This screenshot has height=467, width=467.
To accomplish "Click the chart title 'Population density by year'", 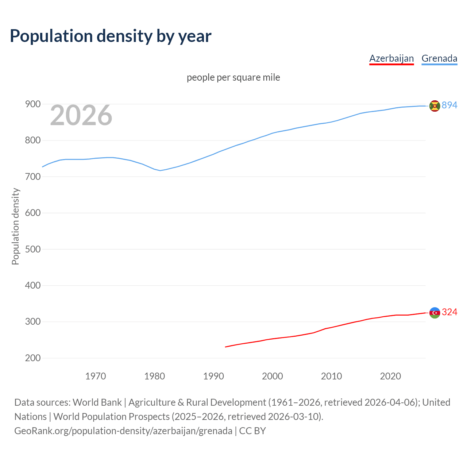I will (x=111, y=36).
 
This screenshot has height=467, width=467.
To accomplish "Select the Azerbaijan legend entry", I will (x=391, y=58).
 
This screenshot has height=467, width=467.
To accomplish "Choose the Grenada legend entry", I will (x=439, y=58).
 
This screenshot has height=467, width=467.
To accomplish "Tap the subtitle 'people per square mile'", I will (x=233, y=77).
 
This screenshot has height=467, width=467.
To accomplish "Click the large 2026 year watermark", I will (x=81, y=115).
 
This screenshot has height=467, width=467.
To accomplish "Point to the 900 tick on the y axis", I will (x=32, y=104).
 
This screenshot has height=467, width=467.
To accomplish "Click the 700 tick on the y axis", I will (x=32, y=177).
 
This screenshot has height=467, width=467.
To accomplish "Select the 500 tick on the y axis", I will (x=32, y=249).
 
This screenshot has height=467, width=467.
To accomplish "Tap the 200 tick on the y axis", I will (x=32, y=358).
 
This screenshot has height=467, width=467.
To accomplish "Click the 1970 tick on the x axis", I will (x=96, y=376).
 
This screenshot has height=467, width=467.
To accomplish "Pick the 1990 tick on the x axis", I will (x=213, y=376).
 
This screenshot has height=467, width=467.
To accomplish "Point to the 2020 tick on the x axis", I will (x=390, y=376).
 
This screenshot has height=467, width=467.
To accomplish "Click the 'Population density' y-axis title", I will (x=15, y=226).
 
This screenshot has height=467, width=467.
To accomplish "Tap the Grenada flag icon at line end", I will (x=435, y=106).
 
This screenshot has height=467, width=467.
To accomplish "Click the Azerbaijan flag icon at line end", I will (x=435, y=313).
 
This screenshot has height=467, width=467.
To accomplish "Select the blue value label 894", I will (x=449, y=105).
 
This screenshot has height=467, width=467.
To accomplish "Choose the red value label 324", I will (x=449, y=312).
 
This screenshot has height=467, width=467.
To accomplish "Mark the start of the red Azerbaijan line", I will (x=225, y=347).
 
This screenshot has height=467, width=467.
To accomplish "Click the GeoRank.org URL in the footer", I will (x=123, y=431).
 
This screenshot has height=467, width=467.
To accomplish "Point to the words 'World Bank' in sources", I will (x=97, y=402).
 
